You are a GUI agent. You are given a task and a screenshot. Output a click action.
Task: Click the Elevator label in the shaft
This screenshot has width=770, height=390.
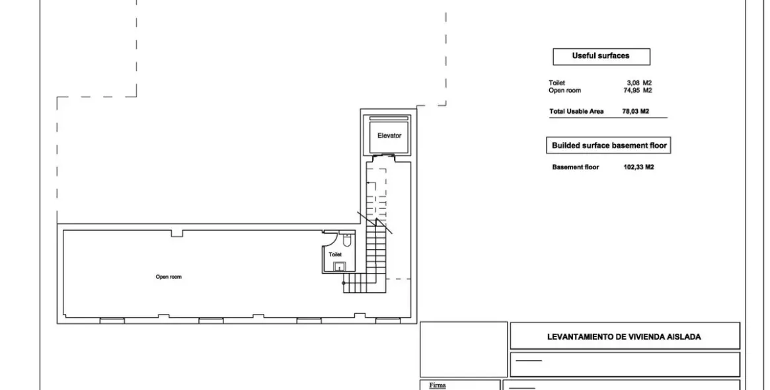pyautogui.click(x=389, y=136)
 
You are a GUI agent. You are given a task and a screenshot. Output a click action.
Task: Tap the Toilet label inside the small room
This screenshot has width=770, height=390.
pyautogui.click(x=335, y=254)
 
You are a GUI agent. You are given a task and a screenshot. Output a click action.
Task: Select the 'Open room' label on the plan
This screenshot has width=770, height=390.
pyautogui.click(x=169, y=277)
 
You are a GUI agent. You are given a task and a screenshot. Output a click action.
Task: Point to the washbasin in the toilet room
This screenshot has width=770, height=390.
pyautogui.click(x=340, y=266)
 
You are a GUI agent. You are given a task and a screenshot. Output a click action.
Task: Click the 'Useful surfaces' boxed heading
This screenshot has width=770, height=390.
pyautogui.click(x=601, y=56)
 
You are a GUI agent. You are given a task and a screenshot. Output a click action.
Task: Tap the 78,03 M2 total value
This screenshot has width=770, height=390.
pyautogui.click(x=635, y=112)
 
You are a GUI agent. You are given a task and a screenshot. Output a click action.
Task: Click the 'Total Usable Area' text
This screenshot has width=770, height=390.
pyautogui.click(x=576, y=112)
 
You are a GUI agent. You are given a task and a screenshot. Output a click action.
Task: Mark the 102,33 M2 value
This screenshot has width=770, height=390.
pyautogui.click(x=638, y=167)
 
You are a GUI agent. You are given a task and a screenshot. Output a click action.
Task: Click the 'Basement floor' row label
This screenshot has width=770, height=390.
pyautogui.click(x=575, y=167)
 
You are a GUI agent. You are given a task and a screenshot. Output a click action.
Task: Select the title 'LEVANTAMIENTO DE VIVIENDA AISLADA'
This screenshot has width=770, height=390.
pyautogui.click(x=624, y=336)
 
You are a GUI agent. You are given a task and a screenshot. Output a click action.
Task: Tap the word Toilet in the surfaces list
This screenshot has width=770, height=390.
pyautogui.click(x=557, y=83)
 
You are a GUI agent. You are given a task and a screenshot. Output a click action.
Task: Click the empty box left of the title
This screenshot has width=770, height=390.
pyautogui.click(x=463, y=348)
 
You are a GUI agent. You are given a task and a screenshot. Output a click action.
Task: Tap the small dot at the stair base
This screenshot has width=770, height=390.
pyautogui.click(x=344, y=283)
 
